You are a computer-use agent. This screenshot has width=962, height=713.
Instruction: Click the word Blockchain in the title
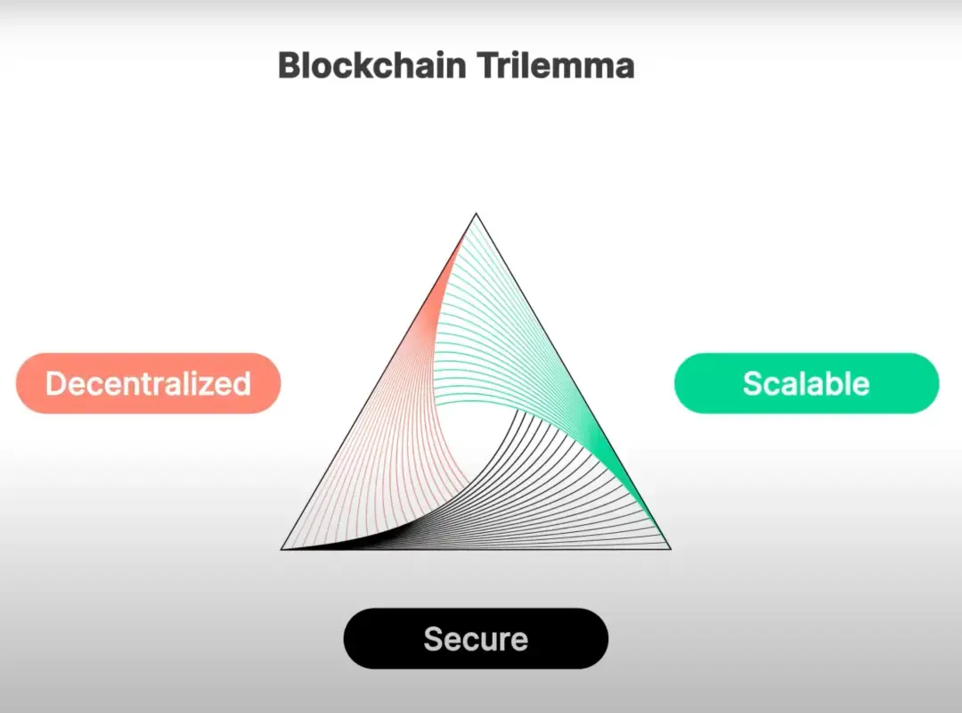pos(371,65)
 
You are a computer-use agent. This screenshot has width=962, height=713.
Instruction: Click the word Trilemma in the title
pos(555,65)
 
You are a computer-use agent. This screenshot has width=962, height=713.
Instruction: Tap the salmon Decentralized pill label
pos(149,383)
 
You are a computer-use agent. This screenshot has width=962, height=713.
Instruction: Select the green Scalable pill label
pos(807,383)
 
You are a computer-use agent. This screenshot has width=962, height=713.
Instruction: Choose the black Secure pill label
pos(476,639)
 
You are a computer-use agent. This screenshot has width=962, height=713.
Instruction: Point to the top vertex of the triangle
pos(476,214)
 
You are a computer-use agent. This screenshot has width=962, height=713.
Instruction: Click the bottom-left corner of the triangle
pos(281,549)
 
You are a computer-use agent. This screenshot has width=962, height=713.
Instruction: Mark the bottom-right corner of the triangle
pos(671,548)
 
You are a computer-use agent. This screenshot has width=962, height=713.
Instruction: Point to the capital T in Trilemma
pos(487,65)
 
